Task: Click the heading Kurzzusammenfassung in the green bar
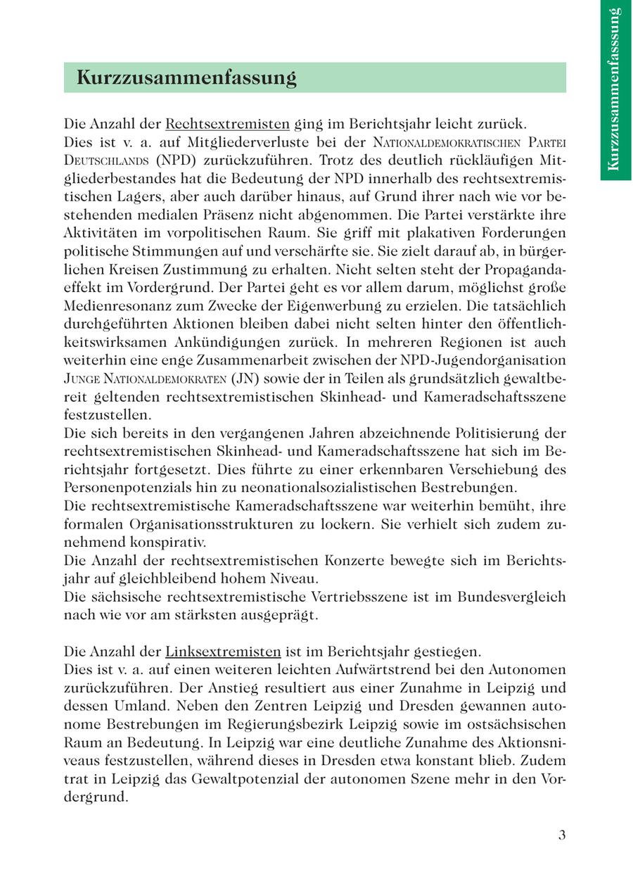pyautogui.click(x=186, y=77)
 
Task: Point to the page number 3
pyautogui.click(x=561, y=835)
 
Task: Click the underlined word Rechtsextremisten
pyautogui.click(x=227, y=124)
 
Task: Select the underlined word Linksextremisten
pyautogui.click(x=223, y=651)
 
